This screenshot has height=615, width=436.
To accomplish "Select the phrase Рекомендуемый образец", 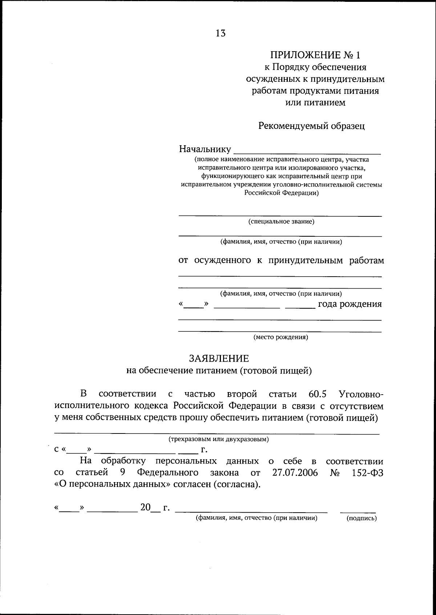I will [x=311, y=126].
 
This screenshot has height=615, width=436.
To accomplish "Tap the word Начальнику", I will [x=205, y=149].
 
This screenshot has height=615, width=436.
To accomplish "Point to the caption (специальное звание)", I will [x=281, y=221].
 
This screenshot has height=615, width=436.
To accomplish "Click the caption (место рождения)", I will [x=280, y=337].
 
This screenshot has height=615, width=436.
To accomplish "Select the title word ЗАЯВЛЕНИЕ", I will [x=219, y=359].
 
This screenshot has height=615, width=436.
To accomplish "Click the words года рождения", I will [x=350, y=304].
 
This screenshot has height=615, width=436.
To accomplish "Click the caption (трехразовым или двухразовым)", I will [x=218, y=439].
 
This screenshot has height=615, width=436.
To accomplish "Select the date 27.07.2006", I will [x=295, y=473].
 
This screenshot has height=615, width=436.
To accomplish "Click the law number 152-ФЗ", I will [x=368, y=473].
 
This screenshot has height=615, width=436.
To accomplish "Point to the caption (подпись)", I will [x=362, y=518].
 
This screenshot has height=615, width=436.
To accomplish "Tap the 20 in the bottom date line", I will [x=145, y=508].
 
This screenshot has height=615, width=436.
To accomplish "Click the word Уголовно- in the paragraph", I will [x=360, y=394].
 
